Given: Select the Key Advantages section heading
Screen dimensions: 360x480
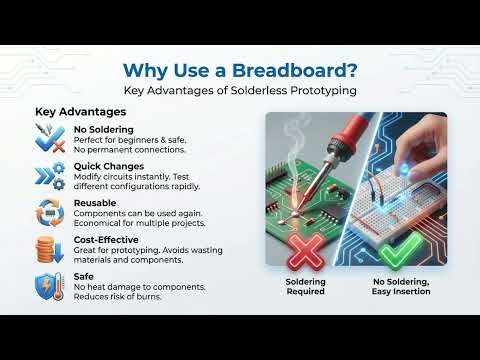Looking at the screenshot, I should point(73,112).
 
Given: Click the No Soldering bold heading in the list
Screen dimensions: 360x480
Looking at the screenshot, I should point(102,130).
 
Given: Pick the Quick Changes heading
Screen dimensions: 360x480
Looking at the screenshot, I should point(109,166).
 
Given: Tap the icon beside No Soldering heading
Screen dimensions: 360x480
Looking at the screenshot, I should point(51,139).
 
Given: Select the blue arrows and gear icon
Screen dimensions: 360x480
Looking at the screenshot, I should point(51,176).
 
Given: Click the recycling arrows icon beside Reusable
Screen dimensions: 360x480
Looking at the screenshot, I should point(51,212).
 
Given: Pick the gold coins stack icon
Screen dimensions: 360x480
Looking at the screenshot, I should point(51,248).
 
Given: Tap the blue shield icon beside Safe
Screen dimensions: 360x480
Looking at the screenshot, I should point(51,285).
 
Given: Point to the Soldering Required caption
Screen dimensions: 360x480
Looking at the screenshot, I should point(305,285).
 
